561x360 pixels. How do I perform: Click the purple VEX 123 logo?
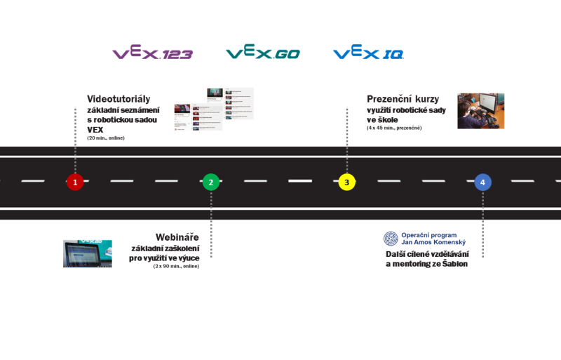pos(152,53)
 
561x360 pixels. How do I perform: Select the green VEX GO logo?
pos(262,53)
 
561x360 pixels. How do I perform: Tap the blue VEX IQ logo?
pos(368,53)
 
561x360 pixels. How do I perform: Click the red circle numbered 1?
pos(75,182)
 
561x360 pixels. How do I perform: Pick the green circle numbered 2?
pos(210,182)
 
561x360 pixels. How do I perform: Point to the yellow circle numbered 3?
pos(346,182)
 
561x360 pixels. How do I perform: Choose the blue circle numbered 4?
pos(482,182)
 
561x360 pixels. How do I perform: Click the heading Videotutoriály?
pos(119,99)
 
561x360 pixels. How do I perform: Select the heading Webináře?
pos(177,237)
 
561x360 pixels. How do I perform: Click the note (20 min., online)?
pos(105,138)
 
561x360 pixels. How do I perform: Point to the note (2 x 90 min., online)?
pos(176,267)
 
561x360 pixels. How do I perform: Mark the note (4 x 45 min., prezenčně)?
pos(393,128)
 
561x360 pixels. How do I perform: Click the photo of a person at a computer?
pos(480,111)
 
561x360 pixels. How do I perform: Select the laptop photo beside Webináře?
pos(87,253)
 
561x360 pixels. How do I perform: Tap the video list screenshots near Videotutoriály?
pos(213,109)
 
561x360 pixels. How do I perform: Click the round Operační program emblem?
pos(391,239)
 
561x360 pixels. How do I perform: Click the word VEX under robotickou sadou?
pos(95,130)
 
